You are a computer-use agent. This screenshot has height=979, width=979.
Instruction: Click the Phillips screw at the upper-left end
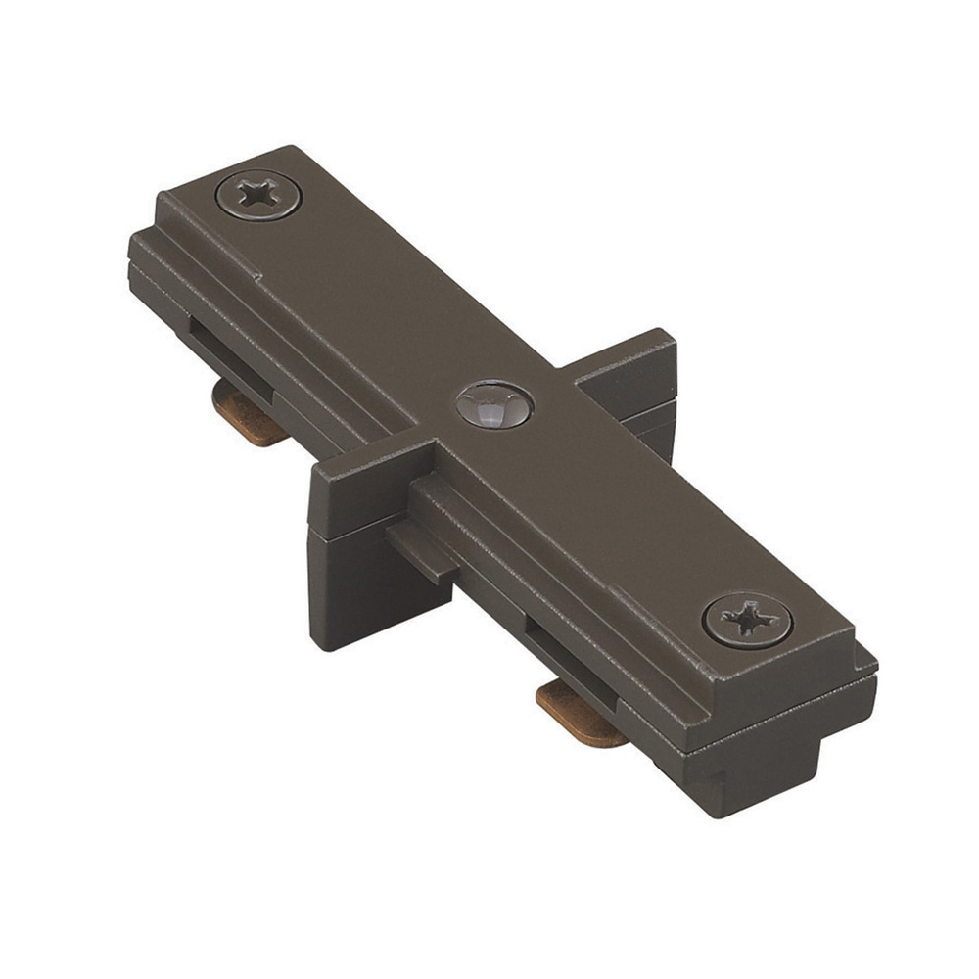click(257, 196)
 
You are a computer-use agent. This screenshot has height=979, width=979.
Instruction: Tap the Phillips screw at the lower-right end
click(747, 619)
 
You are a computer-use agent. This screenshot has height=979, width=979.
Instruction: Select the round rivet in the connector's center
click(493, 404)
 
